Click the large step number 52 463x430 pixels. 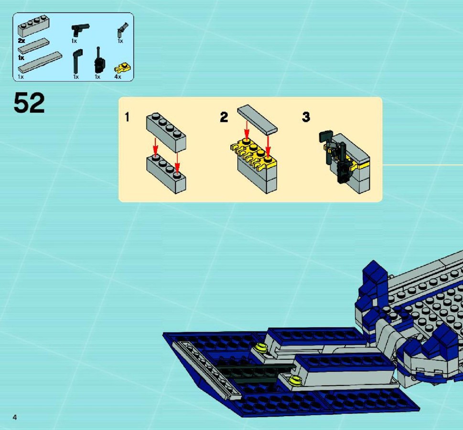coord(29,102)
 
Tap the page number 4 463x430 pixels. coord(15,417)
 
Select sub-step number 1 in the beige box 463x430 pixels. coord(127,117)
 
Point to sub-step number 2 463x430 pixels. coord(224,117)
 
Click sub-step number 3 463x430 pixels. coord(306,117)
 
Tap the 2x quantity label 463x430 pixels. coord(21,41)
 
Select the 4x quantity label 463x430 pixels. coord(118,77)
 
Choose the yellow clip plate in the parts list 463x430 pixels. coord(122,68)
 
